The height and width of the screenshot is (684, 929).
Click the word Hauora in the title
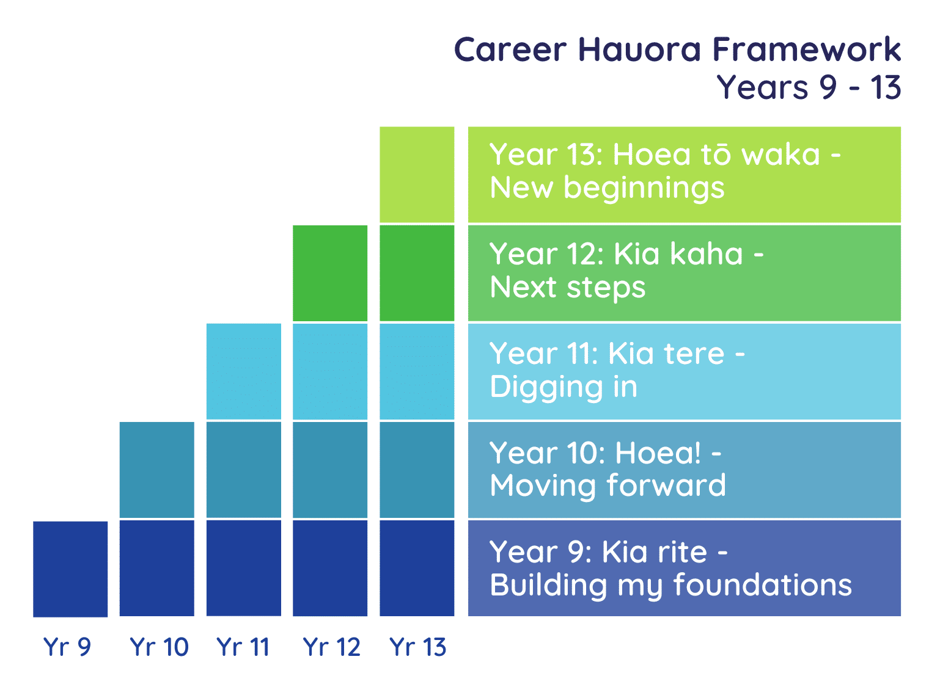coord(641,49)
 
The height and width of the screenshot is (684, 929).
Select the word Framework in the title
coord(807,49)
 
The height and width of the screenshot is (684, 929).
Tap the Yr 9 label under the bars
coord(67,647)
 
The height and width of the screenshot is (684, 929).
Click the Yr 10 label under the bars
coord(160,647)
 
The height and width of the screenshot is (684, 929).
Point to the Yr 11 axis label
coord(243,647)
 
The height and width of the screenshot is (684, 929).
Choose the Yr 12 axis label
coord(332,647)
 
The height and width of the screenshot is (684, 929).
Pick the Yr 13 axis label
coord(418,647)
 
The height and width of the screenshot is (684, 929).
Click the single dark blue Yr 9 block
coord(70,570)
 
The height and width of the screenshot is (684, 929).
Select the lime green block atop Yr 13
coord(417,175)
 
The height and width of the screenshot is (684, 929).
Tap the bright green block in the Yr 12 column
coord(330,274)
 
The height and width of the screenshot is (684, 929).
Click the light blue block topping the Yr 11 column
coord(244,372)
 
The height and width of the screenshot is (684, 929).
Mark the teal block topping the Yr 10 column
coord(156,470)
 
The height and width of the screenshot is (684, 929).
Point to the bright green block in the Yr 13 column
coord(417,274)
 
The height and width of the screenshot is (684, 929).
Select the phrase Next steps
coord(568,288)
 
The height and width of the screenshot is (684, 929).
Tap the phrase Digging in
coord(564,388)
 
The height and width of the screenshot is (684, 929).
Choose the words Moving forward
coord(608,486)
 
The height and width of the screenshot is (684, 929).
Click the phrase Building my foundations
coord(671,586)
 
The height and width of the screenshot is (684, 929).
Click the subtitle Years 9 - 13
coord(809,87)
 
